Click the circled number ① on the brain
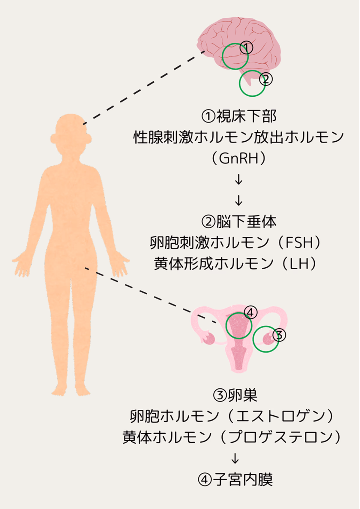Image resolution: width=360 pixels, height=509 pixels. [x=246, y=47]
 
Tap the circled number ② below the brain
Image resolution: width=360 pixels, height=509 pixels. [x=266, y=79]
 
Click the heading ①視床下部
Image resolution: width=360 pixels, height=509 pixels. [x=239, y=116]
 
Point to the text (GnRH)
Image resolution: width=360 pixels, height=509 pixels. [x=239, y=158]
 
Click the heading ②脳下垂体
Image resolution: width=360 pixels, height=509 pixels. [x=239, y=221]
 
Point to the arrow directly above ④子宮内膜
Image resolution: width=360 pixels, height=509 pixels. [x=235, y=458]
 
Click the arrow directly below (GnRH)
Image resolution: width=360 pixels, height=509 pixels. [x=239, y=179]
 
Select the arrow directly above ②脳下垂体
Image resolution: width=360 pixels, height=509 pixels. [x=239, y=200]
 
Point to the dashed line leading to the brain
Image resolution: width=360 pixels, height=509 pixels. [x=144, y=88]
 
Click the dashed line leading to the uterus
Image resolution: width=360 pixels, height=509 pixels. [x=151, y=295]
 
